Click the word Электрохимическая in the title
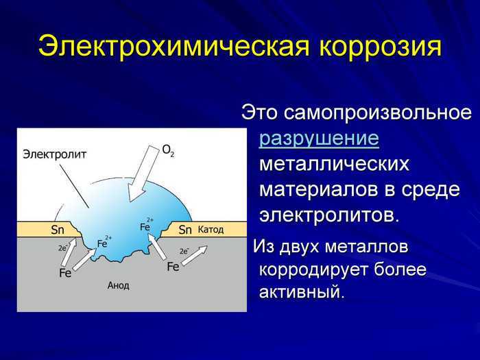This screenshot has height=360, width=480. (x=174, y=47)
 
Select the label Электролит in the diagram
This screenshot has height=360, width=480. (x=55, y=154)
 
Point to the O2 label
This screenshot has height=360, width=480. (x=168, y=150)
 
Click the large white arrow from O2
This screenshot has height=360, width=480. (x=143, y=173)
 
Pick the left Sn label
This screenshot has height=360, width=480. (x=57, y=230)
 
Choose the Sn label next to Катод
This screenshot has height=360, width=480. (x=185, y=230)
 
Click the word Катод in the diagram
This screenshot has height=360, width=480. (x=211, y=230)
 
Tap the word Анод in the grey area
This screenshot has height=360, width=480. (x=118, y=286)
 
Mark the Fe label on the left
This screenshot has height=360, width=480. (x=65, y=273)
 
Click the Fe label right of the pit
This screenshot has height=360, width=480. (x=173, y=267)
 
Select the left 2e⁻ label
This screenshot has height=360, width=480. (x=63, y=248)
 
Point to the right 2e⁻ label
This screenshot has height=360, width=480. (x=184, y=252)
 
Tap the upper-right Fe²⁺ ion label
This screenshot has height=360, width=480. (x=147, y=224)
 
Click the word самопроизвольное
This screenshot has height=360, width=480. (x=377, y=113)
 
